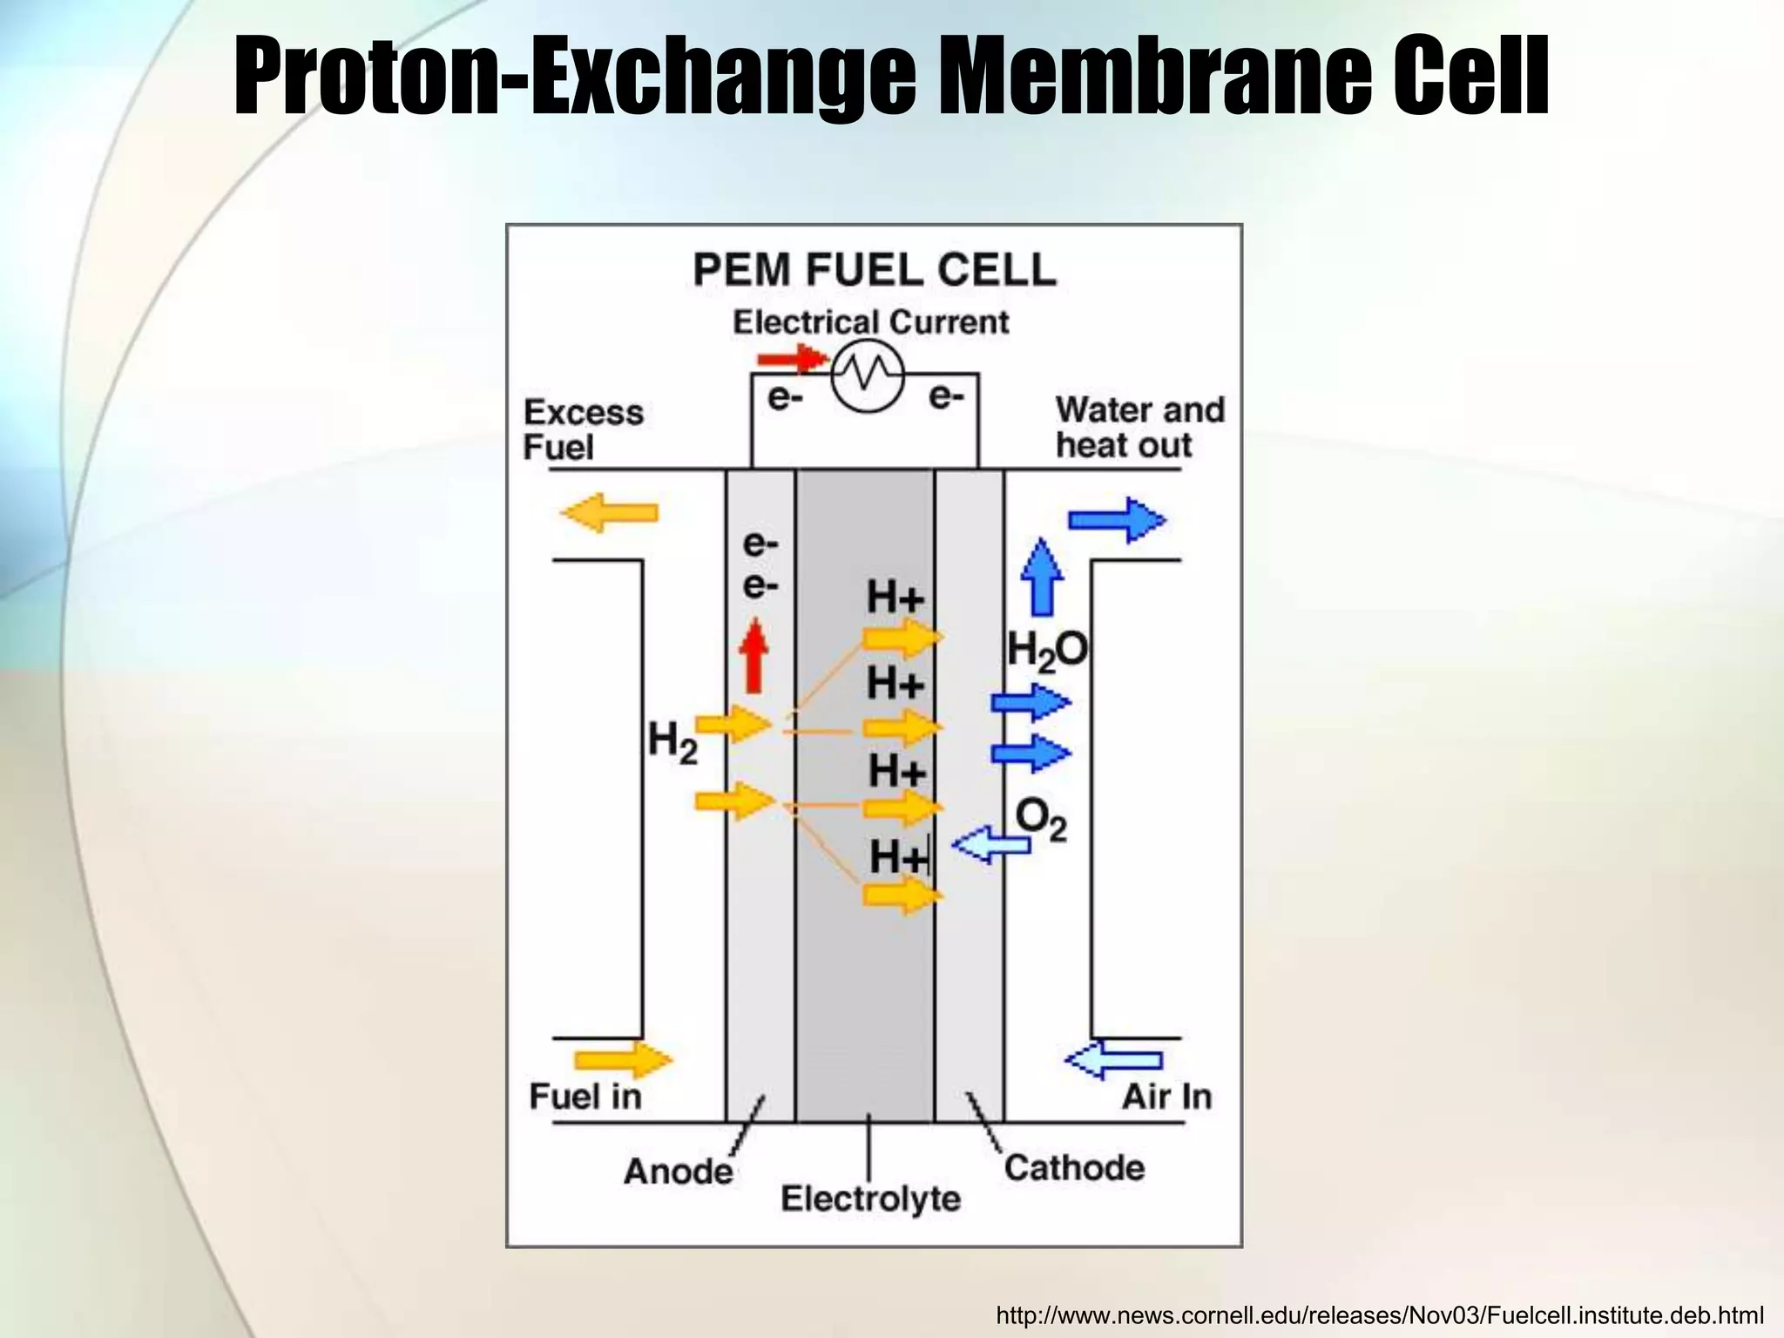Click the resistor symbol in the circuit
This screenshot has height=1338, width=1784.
click(x=868, y=375)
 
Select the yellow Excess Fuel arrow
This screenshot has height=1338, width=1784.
click(x=610, y=512)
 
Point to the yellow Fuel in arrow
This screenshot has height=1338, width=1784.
click(x=623, y=1060)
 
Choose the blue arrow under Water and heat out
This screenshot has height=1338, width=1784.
click(x=1117, y=520)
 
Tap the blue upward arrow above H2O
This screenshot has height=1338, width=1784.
click(x=1042, y=577)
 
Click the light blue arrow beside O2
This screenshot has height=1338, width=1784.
click(x=990, y=843)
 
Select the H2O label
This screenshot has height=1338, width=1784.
click(x=1047, y=651)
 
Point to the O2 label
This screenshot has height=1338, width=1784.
click(x=1041, y=820)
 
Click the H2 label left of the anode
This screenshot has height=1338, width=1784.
click(x=672, y=745)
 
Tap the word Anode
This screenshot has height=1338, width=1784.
click(x=678, y=1171)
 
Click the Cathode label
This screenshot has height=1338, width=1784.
click(x=1074, y=1167)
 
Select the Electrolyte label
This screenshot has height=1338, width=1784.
click(x=870, y=1199)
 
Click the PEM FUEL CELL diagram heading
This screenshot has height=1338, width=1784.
click(x=875, y=269)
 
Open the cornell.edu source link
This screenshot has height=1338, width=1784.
click(x=1380, y=1314)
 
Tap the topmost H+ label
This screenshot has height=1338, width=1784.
click(x=895, y=598)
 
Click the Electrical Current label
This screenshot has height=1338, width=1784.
click(x=870, y=322)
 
